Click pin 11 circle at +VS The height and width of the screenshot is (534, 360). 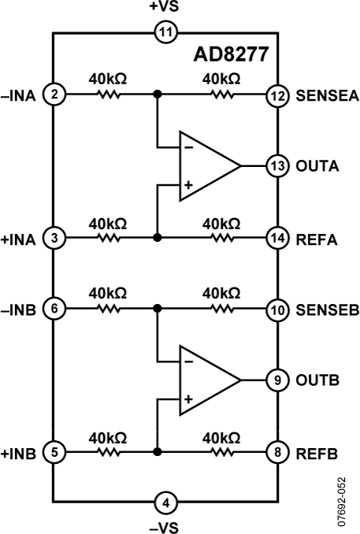coord(166,32)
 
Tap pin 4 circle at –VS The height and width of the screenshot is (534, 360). coord(166,499)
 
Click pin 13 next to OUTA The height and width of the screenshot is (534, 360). coord(277,166)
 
